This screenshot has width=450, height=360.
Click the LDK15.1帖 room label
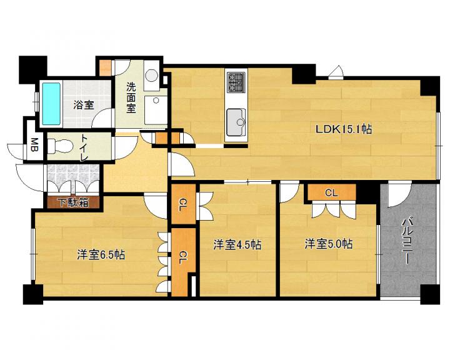point(344,129)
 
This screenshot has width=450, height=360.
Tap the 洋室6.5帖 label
point(101,254)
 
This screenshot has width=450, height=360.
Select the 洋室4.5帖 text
point(237,245)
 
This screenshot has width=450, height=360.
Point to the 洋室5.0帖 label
point(329,244)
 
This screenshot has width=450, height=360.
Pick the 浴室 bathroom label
point(84,105)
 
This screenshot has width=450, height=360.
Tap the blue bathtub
point(52,104)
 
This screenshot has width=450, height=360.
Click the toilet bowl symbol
point(59,146)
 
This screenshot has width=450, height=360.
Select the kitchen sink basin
point(236,122)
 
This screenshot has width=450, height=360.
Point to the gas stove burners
point(236,82)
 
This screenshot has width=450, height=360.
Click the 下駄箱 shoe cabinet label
point(74,202)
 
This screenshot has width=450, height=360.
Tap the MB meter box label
point(35,145)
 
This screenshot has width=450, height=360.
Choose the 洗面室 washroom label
point(131,97)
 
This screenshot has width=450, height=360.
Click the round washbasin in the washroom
point(151,76)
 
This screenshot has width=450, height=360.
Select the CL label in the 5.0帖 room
point(331,193)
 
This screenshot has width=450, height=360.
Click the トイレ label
point(84,148)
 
